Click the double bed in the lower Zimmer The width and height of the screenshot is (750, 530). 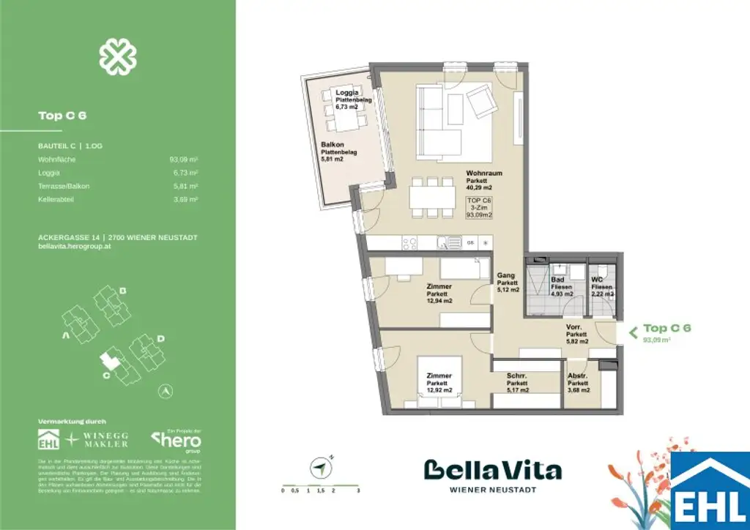click(439, 381)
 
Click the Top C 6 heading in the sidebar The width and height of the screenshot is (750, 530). click(57, 115)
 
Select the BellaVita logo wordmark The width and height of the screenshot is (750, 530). click(493, 470)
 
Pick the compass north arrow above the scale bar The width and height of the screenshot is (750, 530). click(319, 466)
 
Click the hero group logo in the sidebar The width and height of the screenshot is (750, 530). click(176, 441)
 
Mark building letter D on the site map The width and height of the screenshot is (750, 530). click(160, 338)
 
